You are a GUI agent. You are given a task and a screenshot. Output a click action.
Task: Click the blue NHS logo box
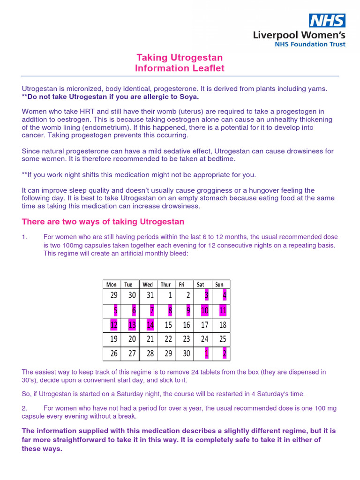tap(327, 20)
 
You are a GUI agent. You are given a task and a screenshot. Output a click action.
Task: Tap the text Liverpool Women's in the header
tap(299, 35)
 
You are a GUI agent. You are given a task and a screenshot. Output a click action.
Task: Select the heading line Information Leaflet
tap(180, 68)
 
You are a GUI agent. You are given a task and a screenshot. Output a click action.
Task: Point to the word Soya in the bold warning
tap(187, 97)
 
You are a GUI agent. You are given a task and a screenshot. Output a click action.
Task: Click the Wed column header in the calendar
tap(148, 285)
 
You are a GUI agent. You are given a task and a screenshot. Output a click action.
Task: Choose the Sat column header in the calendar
tap(201, 285)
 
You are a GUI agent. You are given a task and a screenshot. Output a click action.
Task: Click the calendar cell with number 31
tap(150, 296)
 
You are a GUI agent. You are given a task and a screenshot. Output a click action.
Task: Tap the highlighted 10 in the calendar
tap(204, 310)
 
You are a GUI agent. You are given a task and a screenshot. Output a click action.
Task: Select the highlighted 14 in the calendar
tap(150, 325)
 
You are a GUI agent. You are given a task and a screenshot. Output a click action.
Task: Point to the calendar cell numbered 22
tap(168, 339)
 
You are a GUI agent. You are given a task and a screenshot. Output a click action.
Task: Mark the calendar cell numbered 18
tap(223, 325)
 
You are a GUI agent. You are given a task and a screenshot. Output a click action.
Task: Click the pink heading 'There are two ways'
tap(103, 221)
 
